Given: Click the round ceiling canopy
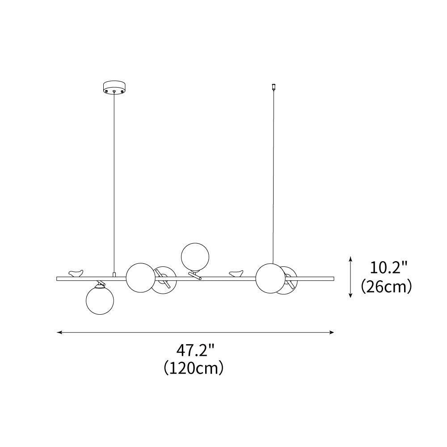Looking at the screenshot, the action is click(114, 87).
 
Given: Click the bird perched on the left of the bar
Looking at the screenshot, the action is click(76, 273).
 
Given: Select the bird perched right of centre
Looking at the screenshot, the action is click(236, 274).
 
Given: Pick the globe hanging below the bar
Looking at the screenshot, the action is click(100, 300).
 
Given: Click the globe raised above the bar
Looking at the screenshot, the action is click(195, 257).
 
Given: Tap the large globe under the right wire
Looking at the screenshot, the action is click(270, 278).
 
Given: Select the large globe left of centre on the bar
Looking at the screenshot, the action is click(141, 278).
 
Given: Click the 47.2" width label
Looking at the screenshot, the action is click(195, 350).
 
